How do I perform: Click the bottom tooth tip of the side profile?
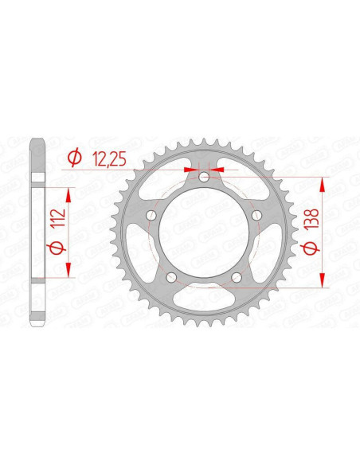(x=37, y=325)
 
